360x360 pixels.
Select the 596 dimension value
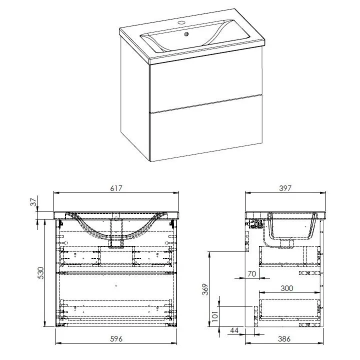116,338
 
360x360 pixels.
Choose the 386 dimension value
284,338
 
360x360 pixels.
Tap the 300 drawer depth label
286,288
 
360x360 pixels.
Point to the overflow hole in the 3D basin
186,34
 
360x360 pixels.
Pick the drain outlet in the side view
287,243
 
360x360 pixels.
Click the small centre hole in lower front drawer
116,286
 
